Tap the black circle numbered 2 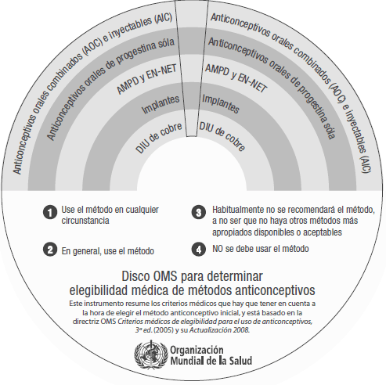coord(49,250)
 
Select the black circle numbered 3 coord(199,211)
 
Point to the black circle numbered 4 coord(199,249)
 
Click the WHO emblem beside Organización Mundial coord(129,354)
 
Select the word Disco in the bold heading coord(138,276)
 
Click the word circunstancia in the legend coord(87,221)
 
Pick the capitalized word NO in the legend coord(218,249)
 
